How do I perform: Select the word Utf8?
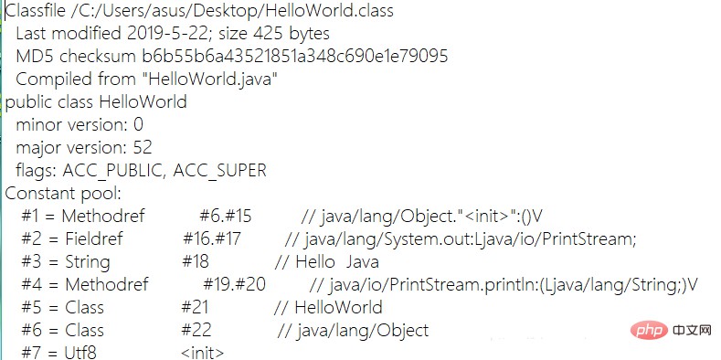[80, 352]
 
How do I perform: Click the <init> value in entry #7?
[202, 352]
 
